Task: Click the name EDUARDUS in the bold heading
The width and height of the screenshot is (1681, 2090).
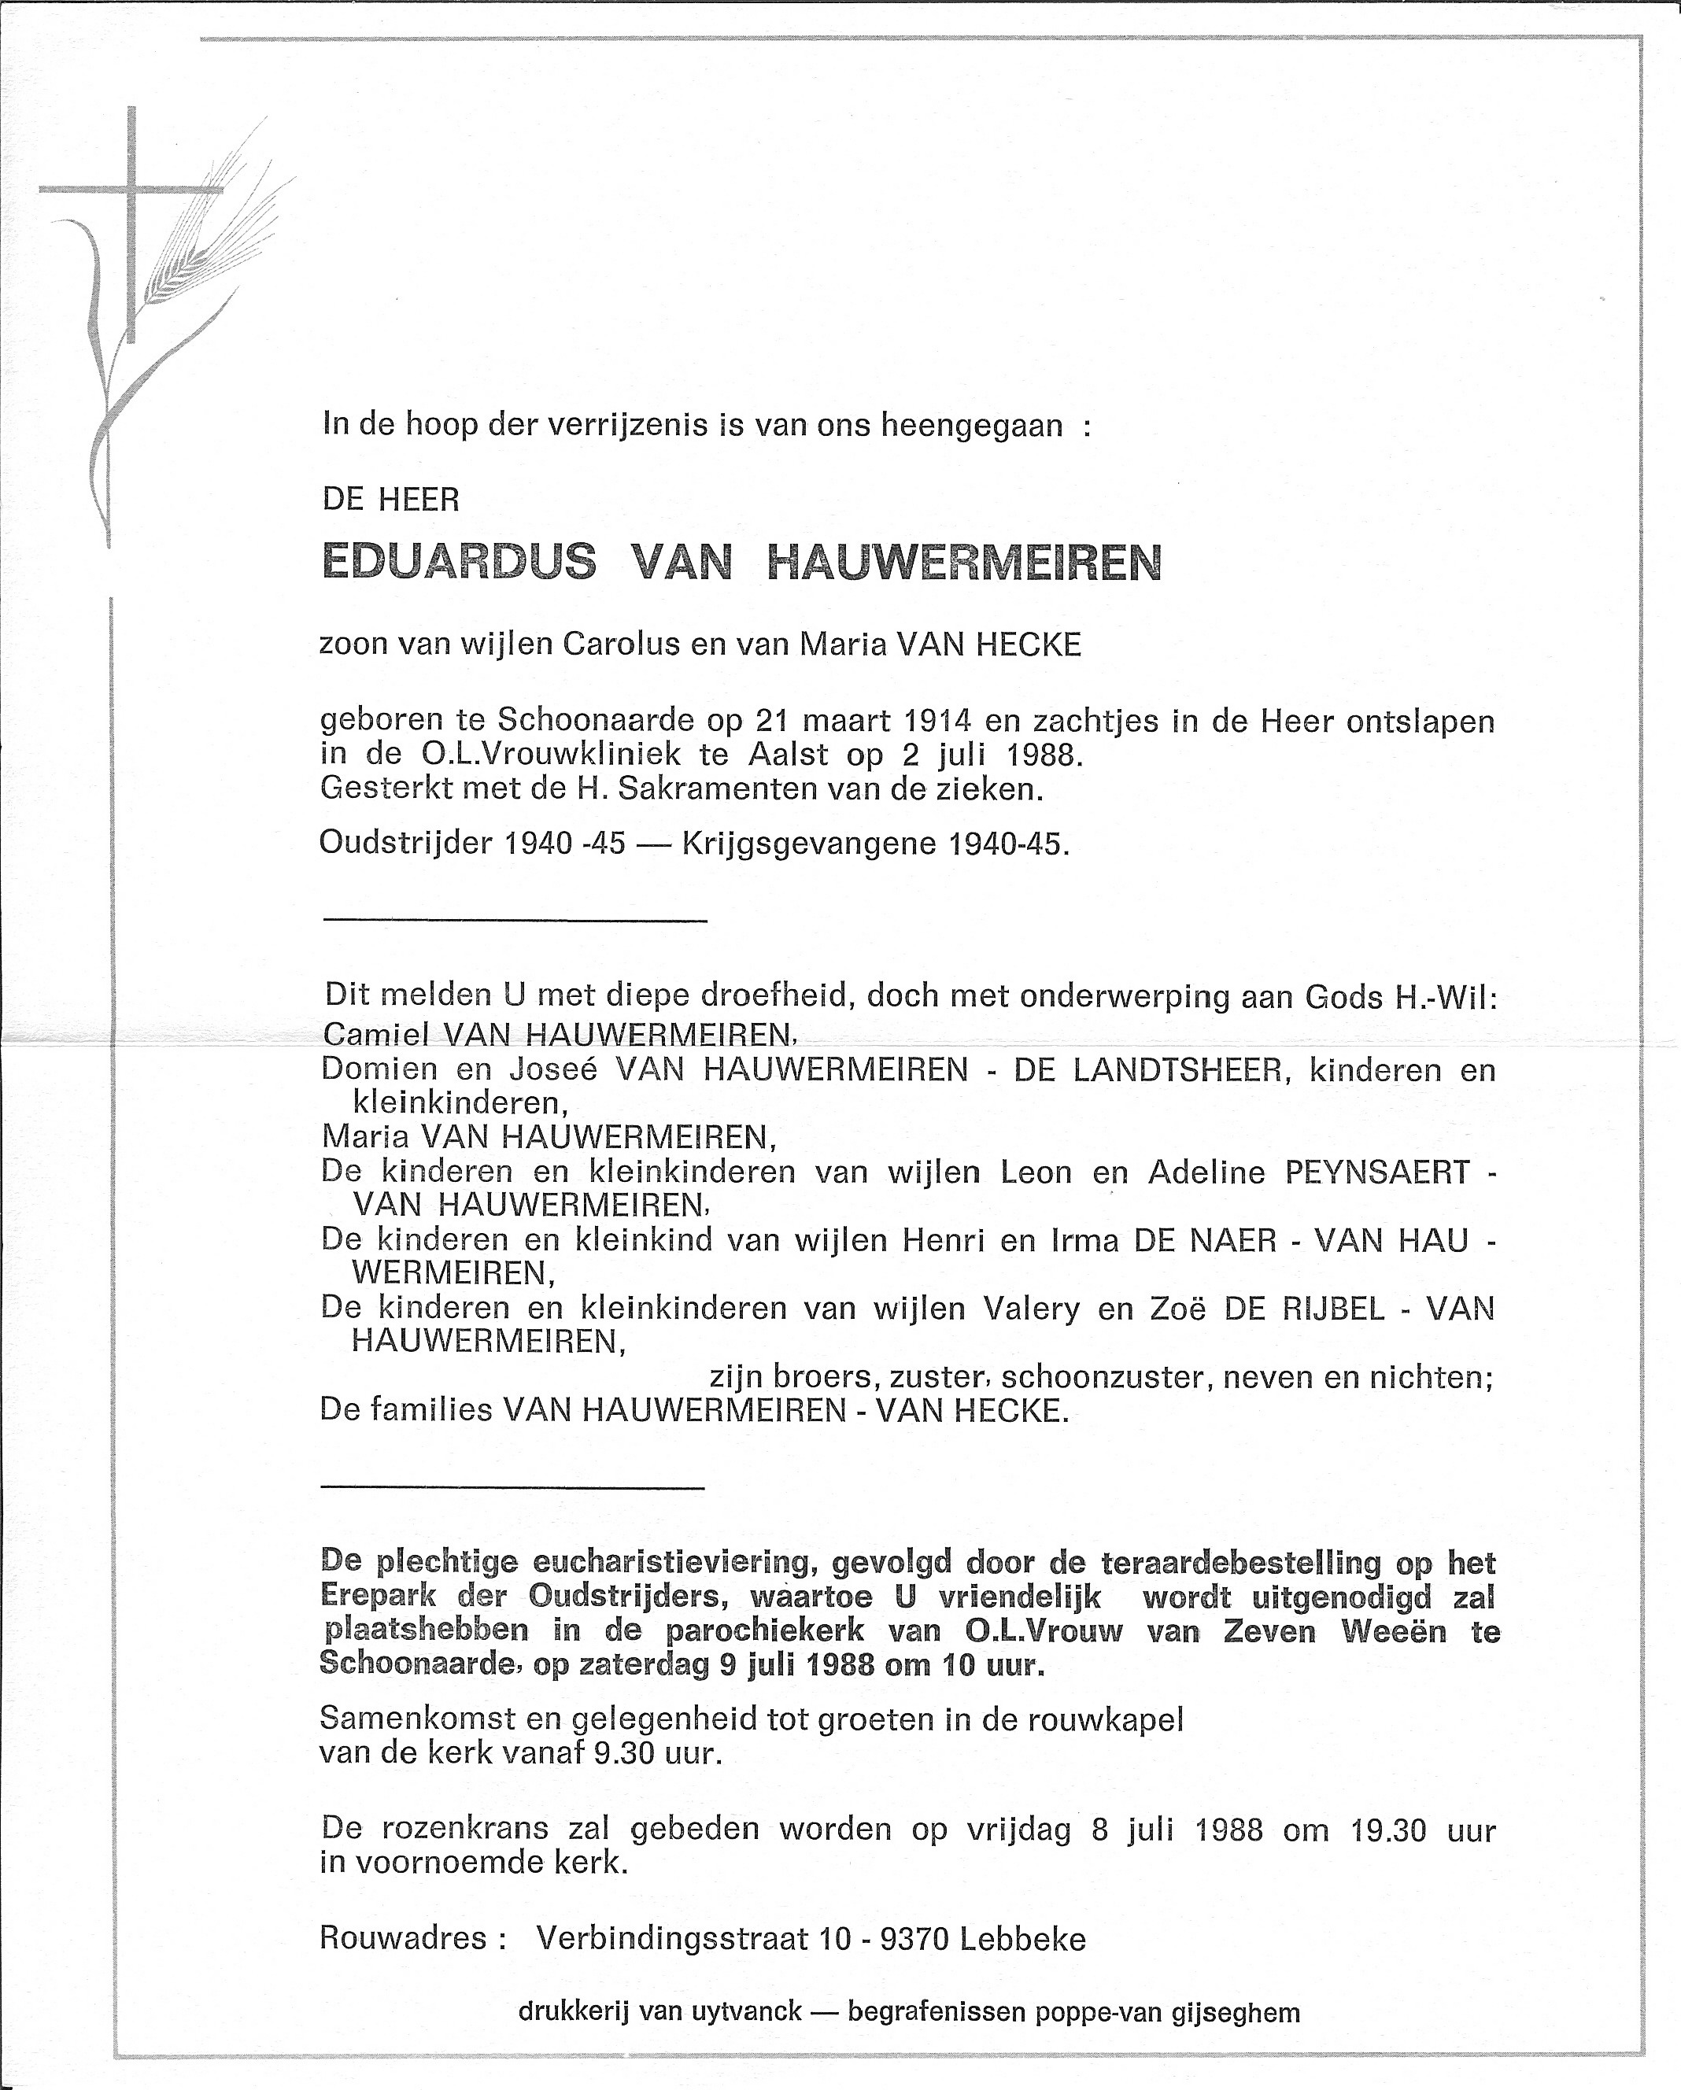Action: pyautogui.click(x=457, y=563)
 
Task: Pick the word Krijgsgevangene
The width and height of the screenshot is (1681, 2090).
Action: pyautogui.click(x=810, y=844)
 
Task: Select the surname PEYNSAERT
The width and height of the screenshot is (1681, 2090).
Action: pyautogui.click(x=1376, y=1173)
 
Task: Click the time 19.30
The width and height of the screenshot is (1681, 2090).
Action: pyautogui.click(x=1387, y=1830)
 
